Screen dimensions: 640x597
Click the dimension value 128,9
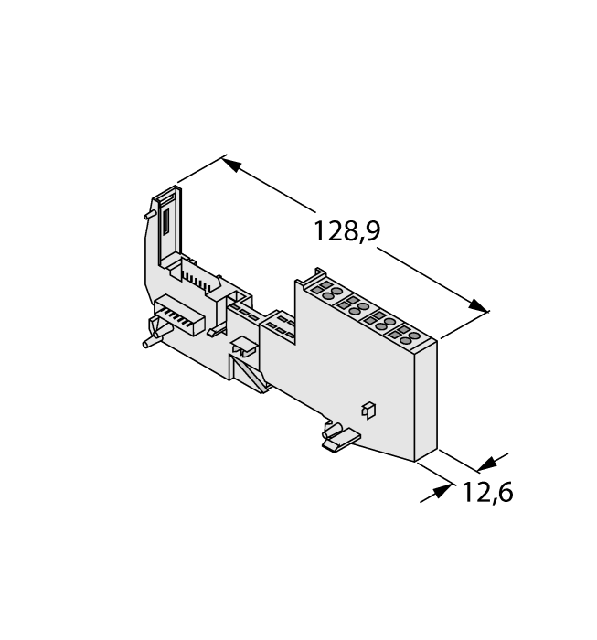coord(346,231)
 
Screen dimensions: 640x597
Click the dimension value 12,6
coord(486,493)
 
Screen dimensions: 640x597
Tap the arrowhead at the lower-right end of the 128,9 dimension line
coord(477,306)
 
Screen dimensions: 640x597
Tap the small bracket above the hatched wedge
coord(244,347)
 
